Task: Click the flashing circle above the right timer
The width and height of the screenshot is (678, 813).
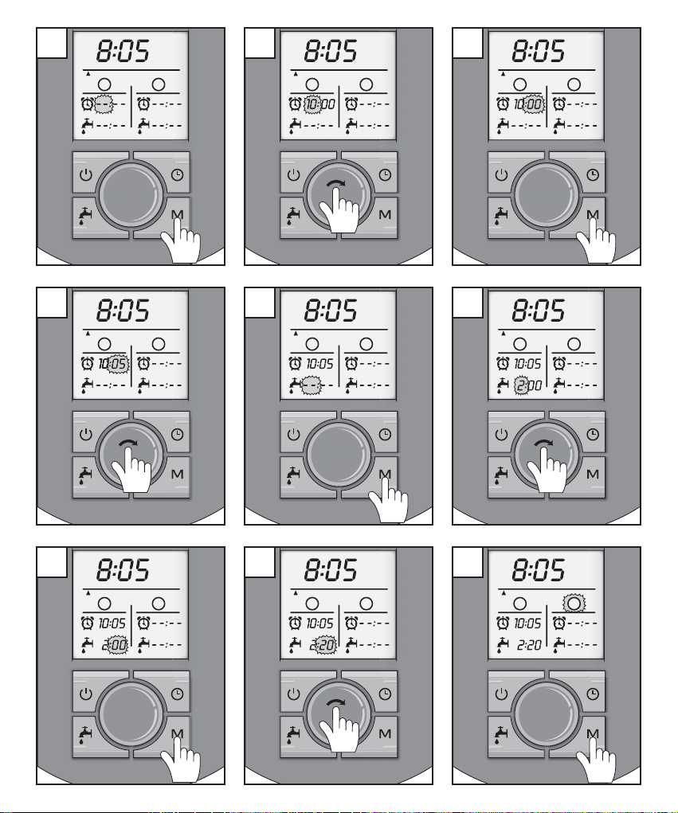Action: pyautogui.click(x=572, y=603)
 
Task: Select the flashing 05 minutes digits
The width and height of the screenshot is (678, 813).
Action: pyautogui.click(x=118, y=364)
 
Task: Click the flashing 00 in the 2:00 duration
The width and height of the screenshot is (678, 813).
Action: pyautogui.click(x=118, y=644)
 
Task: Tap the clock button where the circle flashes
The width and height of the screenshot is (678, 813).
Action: pyautogui.click(x=592, y=694)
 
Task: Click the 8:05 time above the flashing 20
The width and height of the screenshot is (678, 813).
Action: pyautogui.click(x=331, y=570)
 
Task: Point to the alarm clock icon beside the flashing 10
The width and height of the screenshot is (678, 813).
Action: pyautogui.click(x=296, y=104)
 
